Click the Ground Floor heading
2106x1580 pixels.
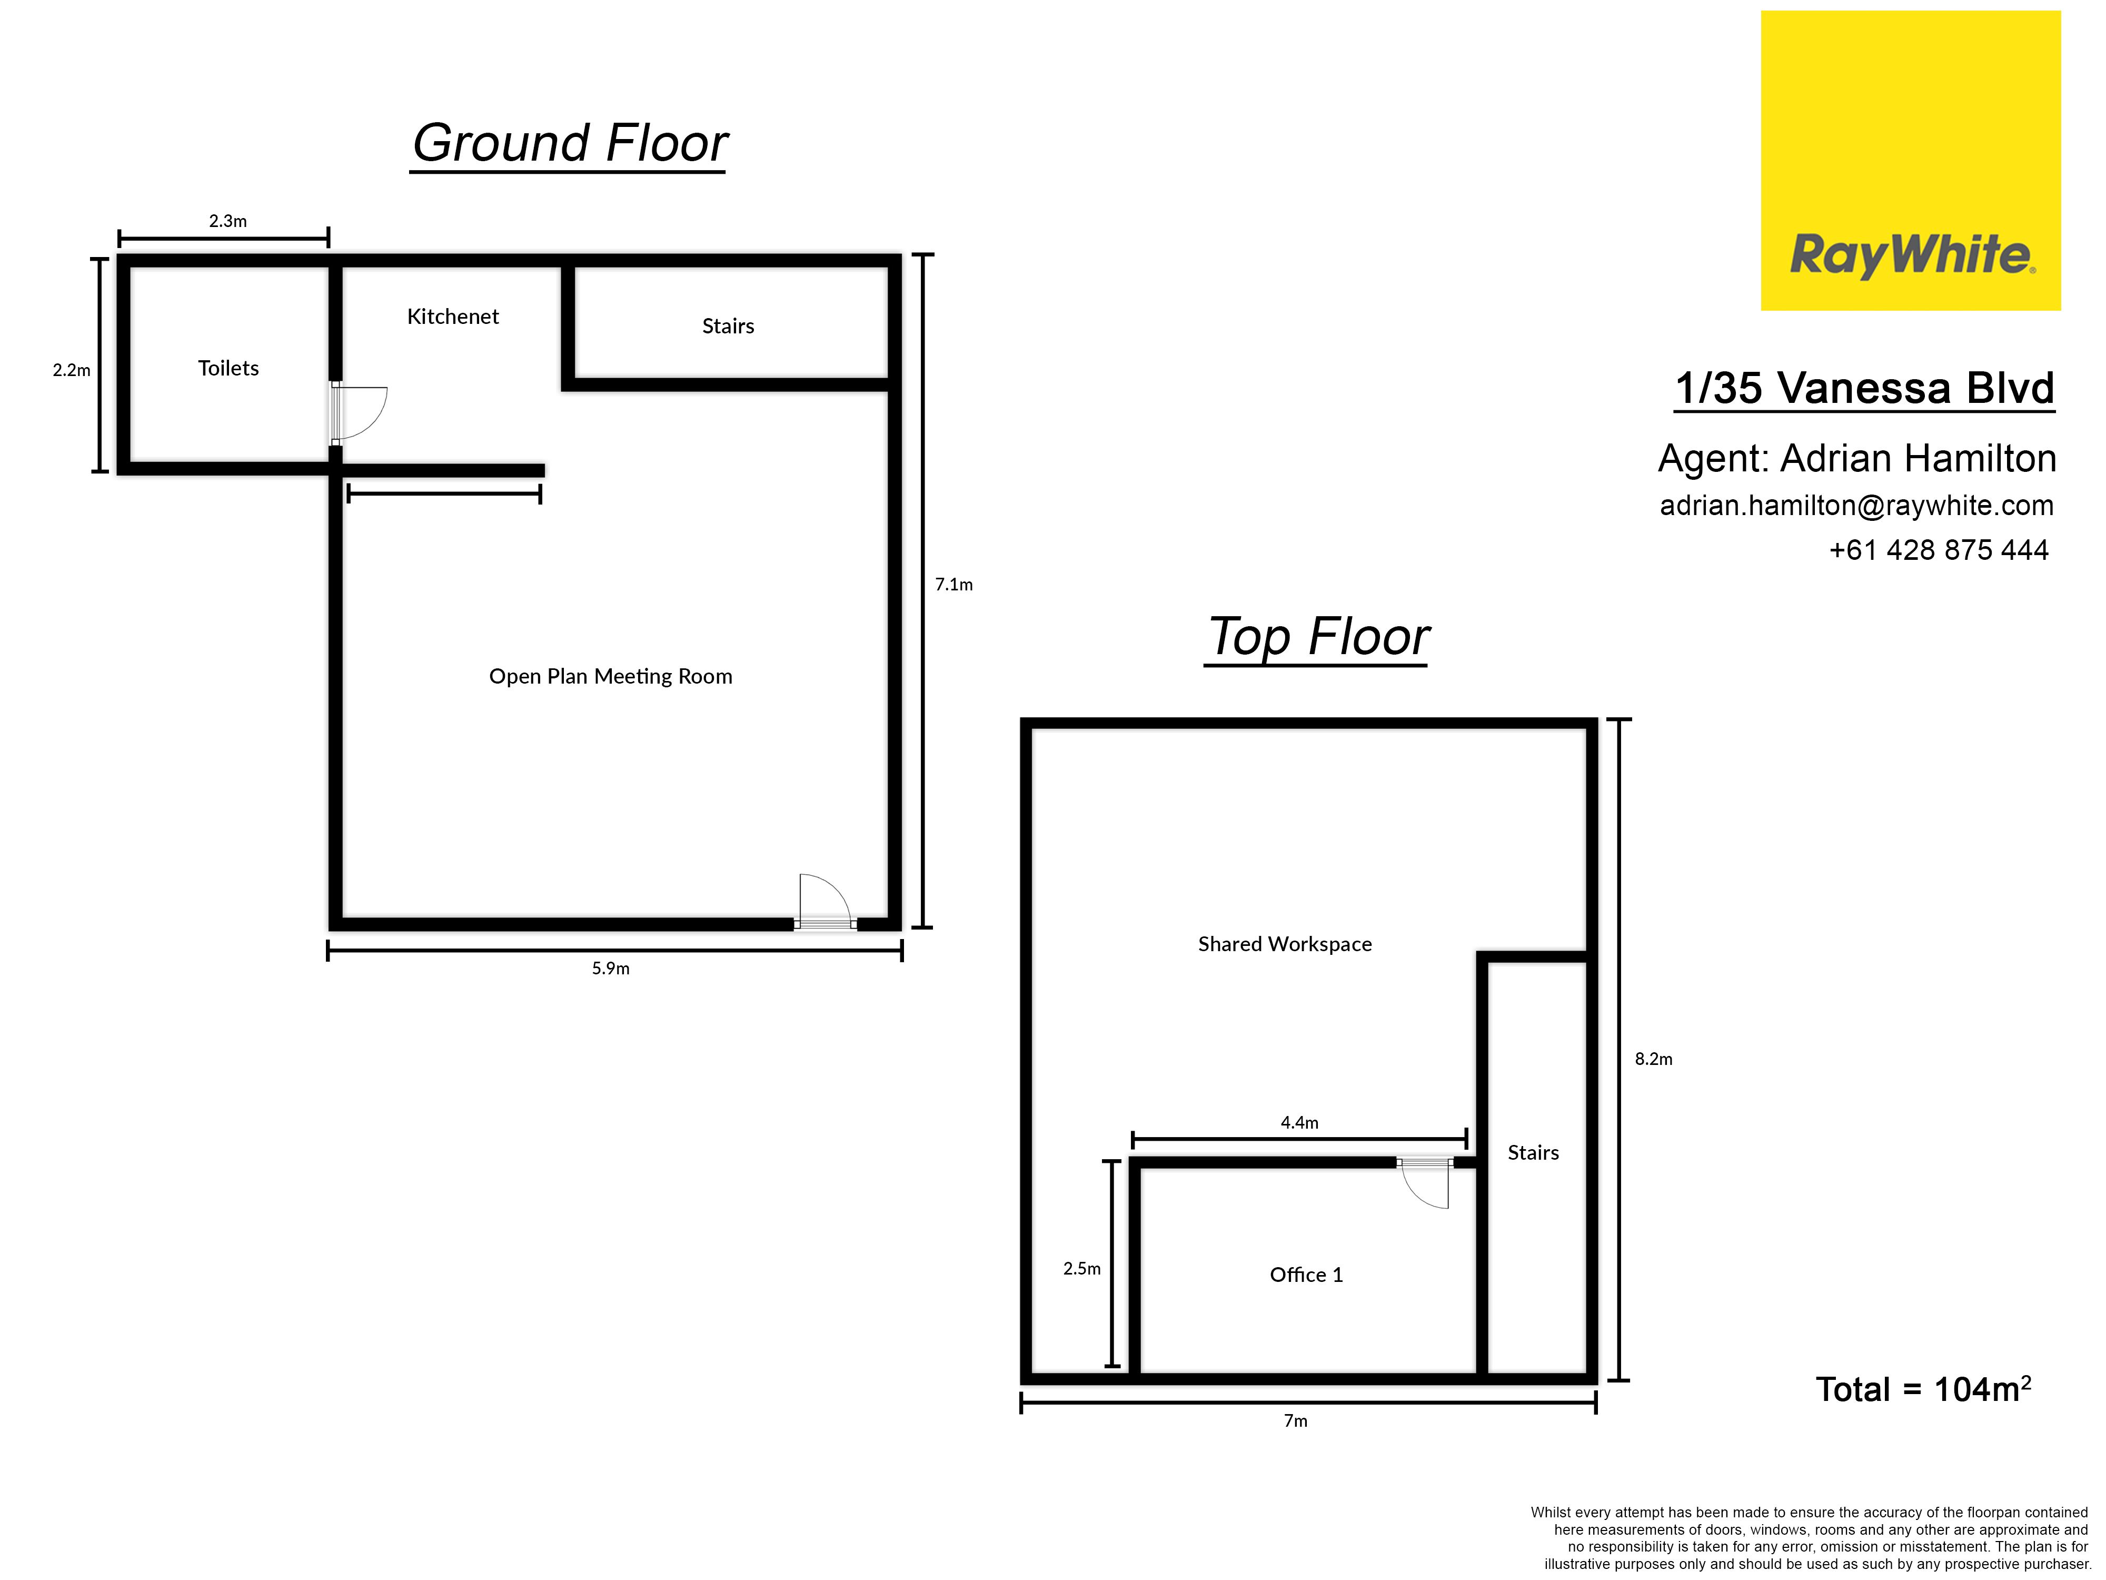(569, 144)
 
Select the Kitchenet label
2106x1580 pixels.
(453, 316)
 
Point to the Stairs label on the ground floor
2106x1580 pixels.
(728, 325)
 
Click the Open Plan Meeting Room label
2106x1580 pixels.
(610, 676)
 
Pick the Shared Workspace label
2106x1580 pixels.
(1284, 944)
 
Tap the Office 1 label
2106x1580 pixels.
(1306, 1275)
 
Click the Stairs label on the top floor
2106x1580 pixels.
(1533, 1152)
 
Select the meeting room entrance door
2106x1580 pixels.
(824, 902)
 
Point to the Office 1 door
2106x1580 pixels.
(1424, 1183)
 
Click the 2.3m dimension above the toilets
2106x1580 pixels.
(227, 221)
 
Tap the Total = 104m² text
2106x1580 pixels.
(1923, 1389)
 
